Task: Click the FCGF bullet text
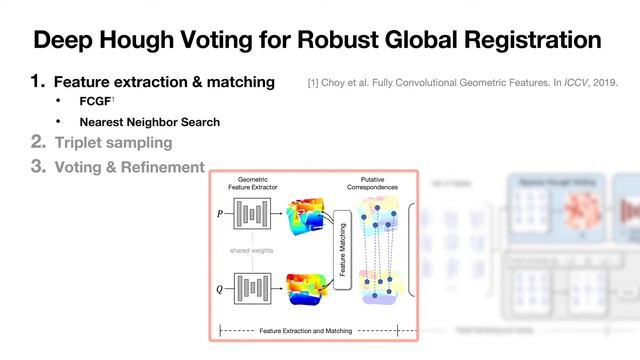(x=97, y=102)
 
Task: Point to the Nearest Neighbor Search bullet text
(x=150, y=122)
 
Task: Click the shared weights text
(x=256, y=252)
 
